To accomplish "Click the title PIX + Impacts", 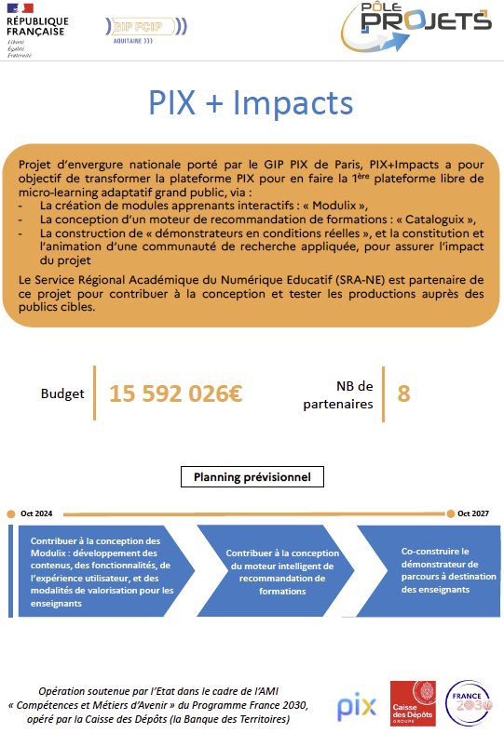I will click(252, 103).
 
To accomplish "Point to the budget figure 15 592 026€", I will click(176, 393).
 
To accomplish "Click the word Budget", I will click(62, 393).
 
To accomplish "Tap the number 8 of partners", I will click(403, 393).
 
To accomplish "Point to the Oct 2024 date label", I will click(36, 513).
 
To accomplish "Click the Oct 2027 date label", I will click(472, 513).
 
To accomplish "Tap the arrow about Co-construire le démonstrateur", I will click(426, 570).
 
